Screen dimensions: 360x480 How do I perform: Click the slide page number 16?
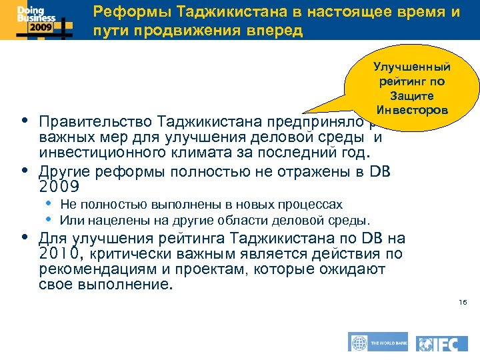point(463,303)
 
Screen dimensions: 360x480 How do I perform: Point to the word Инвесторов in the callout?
point(412,109)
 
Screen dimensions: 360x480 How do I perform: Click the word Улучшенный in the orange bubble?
point(412,67)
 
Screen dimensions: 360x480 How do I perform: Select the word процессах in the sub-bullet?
point(316,205)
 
